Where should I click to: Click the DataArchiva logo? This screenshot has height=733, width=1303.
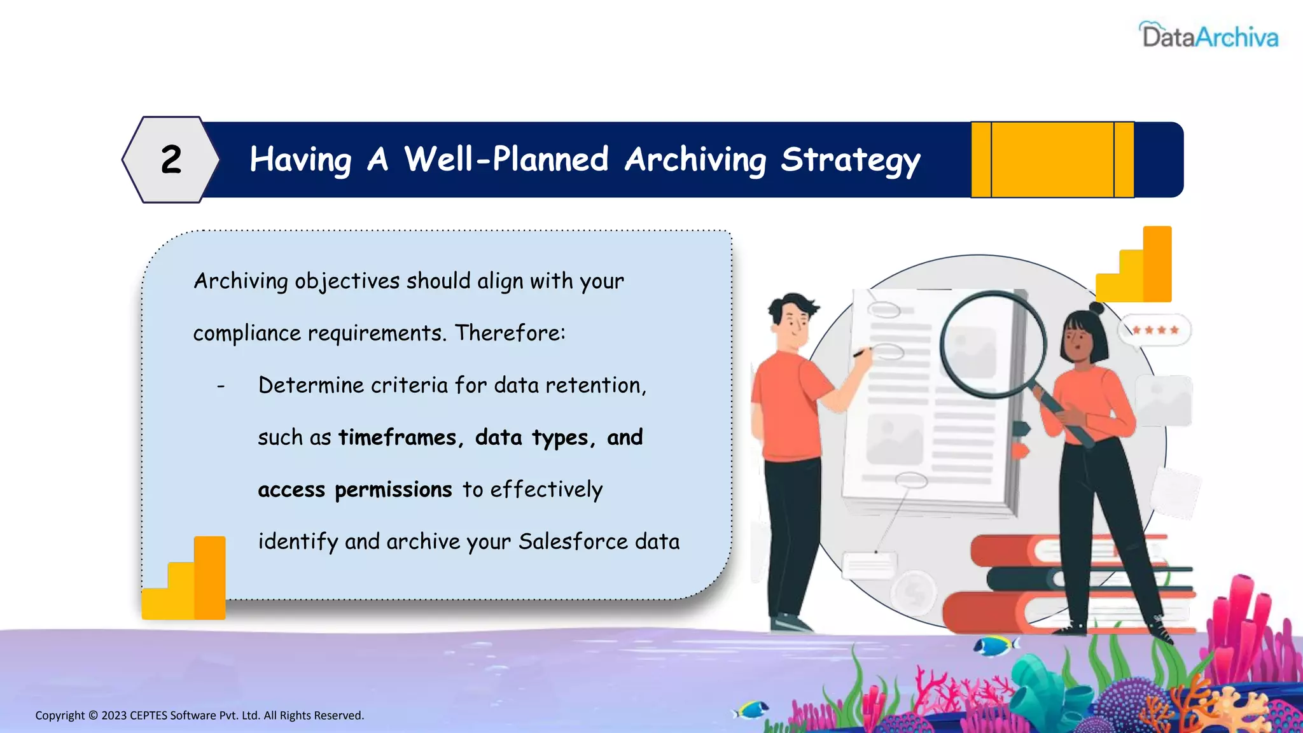coord(1209,36)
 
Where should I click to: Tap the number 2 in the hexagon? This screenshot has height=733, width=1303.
coord(171,159)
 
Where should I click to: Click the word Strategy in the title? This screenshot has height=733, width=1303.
coord(850,160)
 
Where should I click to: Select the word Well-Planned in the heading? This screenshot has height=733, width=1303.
coord(506,159)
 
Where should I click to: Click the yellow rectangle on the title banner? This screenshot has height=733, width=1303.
coord(1052,160)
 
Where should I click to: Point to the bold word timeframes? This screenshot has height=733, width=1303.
coord(398,438)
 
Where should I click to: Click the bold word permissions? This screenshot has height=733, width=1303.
coord(393,490)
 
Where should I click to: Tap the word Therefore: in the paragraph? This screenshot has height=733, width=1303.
coord(510,333)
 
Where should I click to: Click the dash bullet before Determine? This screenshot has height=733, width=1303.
coord(221,386)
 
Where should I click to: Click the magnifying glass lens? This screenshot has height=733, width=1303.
coord(993,344)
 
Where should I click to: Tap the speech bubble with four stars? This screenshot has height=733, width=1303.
coord(1154,330)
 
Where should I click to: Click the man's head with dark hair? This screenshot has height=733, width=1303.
coord(792,318)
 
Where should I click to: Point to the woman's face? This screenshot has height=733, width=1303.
coord(1078,337)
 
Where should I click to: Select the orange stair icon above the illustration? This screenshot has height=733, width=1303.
coord(1136,266)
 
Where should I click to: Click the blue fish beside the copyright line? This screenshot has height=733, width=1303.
coord(751,709)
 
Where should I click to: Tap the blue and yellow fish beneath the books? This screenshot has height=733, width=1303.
coord(995,646)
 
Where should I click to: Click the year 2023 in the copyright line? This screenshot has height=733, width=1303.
coord(114,716)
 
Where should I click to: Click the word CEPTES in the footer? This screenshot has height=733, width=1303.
coord(148,716)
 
